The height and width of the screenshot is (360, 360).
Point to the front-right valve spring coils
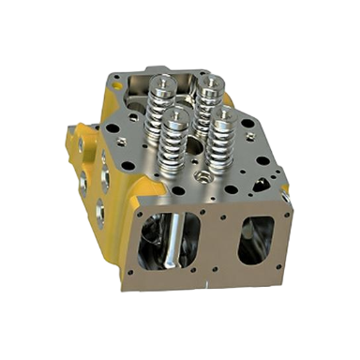221,147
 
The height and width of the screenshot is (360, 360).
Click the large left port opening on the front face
168,244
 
